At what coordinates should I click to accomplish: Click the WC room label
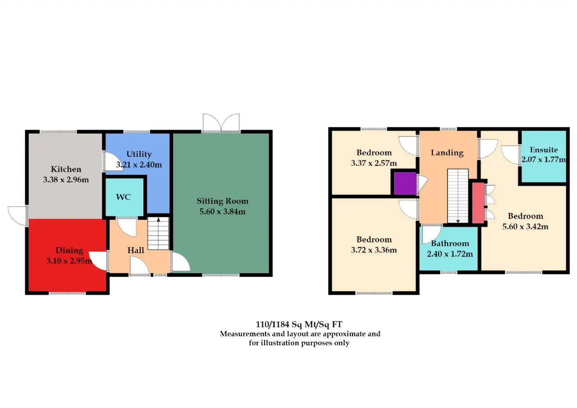point(124,197)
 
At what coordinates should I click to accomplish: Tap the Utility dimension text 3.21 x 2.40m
point(139,165)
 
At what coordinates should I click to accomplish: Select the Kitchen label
point(66,169)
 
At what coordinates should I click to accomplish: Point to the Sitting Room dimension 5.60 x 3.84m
point(222,211)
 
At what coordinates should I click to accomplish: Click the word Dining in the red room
point(69,251)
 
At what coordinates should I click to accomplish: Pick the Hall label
point(136,250)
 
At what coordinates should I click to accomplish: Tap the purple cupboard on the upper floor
point(405,183)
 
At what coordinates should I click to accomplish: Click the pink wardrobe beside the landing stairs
point(478,203)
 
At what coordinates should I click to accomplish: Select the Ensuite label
point(544,150)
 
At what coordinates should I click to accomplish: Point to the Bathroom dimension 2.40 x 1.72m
point(450,254)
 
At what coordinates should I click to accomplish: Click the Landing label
point(447,153)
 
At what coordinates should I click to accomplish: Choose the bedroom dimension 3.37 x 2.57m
point(374,163)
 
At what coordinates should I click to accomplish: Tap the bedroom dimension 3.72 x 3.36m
point(374,250)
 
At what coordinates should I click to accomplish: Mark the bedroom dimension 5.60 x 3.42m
point(525,226)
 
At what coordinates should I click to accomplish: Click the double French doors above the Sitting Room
point(221,123)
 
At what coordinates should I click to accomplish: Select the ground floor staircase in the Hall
point(158,234)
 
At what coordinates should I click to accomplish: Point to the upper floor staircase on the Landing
point(458,196)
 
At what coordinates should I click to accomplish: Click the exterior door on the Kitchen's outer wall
point(18,216)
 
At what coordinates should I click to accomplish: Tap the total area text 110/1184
point(273,324)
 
